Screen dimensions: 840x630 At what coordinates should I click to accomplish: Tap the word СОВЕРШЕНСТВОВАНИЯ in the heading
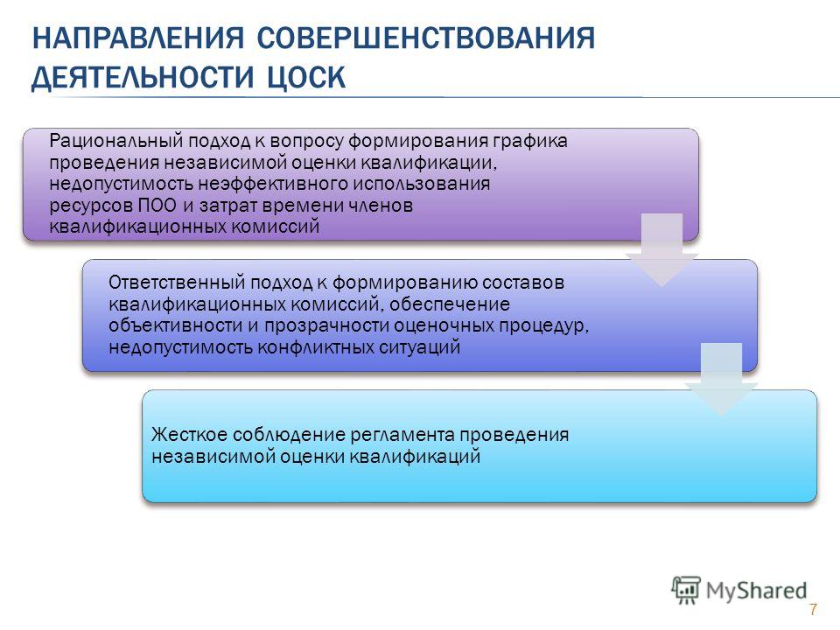(x=426, y=38)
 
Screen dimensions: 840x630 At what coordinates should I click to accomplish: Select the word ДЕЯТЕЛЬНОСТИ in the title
(x=142, y=77)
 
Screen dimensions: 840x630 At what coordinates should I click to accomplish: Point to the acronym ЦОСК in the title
(x=306, y=77)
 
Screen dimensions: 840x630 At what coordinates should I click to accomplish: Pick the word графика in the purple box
(x=530, y=142)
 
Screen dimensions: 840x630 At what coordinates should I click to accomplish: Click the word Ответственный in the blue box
(x=177, y=282)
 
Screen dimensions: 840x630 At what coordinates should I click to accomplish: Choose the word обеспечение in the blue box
(x=450, y=304)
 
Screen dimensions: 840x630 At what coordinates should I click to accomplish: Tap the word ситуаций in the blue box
(x=420, y=347)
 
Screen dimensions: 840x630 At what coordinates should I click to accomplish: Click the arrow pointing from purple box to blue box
(x=662, y=249)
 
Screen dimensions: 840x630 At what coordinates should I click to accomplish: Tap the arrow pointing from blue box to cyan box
(x=721, y=379)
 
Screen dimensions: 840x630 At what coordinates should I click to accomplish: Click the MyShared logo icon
(x=686, y=591)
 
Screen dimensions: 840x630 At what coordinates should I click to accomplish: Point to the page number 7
(x=813, y=609)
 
